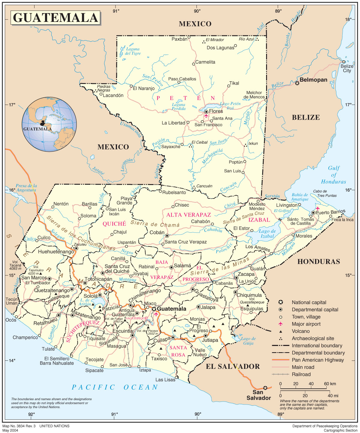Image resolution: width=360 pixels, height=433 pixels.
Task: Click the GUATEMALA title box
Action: [55, 18]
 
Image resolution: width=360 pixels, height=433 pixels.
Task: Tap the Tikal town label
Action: [234, 83]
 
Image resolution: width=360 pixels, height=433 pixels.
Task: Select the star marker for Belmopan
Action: [297, 83]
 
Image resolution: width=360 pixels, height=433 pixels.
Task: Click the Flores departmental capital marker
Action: [206, 112]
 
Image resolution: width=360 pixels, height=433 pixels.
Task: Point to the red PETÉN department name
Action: [185, 98]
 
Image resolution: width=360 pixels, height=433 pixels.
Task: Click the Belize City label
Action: [347, 68]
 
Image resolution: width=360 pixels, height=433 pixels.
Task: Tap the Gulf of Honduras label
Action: [334, 175]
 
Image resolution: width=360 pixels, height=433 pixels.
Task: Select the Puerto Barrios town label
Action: [330, 212]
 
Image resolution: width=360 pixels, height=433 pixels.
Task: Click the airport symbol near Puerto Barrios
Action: [318, 208]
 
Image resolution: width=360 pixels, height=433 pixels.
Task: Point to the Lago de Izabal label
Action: [267, 234]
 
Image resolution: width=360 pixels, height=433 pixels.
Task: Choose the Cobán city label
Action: [157, 232]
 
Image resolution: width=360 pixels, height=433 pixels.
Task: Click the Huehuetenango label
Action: [56, 252]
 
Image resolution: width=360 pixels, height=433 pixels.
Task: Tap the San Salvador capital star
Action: [265, 388]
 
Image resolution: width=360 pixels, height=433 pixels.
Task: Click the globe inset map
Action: [49, 124]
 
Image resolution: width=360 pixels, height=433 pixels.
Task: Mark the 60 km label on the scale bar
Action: [330, 384]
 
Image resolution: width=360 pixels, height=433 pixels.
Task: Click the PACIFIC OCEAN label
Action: [115, 387]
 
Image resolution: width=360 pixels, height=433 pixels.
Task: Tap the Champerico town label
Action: [25, 338]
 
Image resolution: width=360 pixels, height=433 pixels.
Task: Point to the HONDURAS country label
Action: [319, 261]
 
